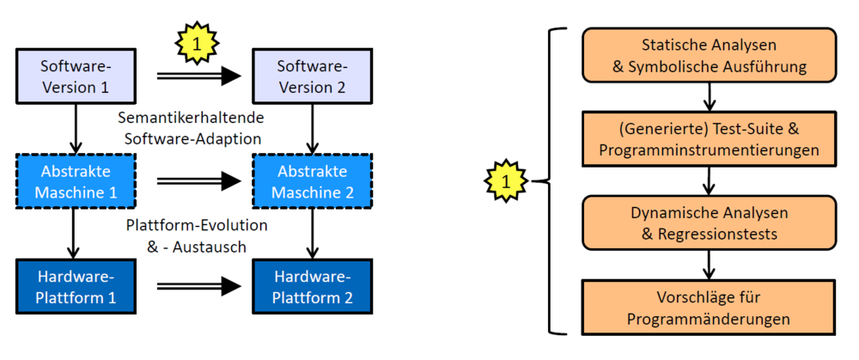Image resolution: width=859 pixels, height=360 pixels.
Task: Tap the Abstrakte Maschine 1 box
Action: click(x=76, y=180)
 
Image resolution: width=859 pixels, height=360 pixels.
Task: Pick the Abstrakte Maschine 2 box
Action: click(x=312, y=180)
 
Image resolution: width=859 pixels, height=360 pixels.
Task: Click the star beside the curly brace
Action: click(x=506, y=181)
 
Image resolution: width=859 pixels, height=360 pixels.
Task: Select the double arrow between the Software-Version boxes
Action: click(x=198, y=76)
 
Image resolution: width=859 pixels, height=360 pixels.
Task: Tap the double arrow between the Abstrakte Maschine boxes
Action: click(x=198, y=180)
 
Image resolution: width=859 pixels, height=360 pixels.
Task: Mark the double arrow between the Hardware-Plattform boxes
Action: click(x=198, y=285)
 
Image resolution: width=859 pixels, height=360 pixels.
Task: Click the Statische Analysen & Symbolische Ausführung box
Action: click(x=709, y=55)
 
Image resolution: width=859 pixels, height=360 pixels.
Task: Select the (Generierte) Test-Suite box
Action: click(x=709, y=139)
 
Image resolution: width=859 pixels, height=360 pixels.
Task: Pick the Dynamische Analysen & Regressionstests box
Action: click(x=709, y=223)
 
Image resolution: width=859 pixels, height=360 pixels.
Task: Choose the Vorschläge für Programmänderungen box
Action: click(x=709, y=307)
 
